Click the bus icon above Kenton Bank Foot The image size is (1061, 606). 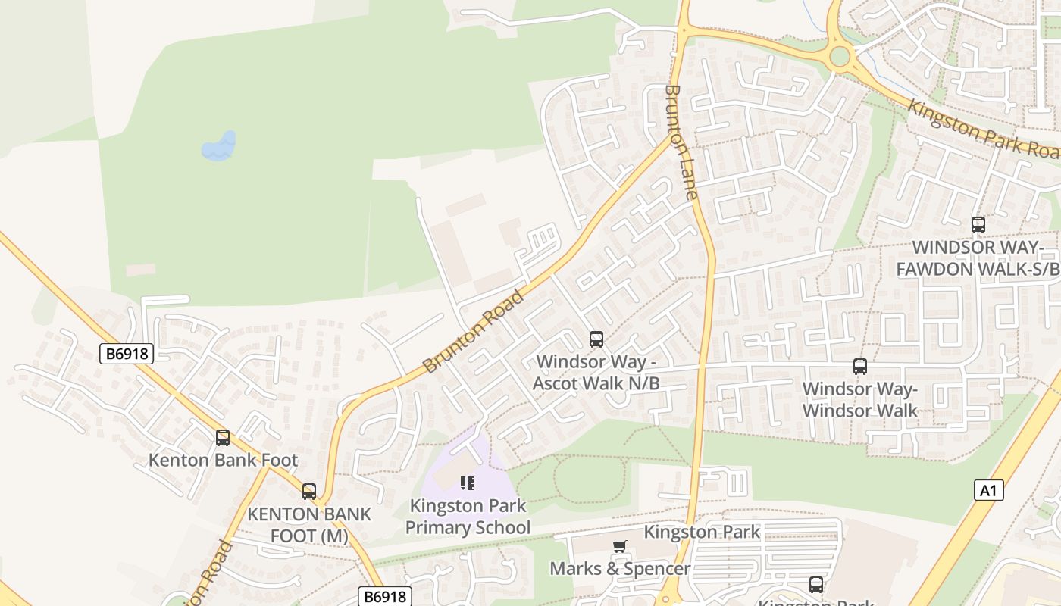222,437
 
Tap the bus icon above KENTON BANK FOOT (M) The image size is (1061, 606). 308,491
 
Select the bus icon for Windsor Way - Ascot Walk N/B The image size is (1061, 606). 596,339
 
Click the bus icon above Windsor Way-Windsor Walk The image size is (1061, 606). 859,367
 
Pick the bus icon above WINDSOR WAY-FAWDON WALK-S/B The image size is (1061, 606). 978,224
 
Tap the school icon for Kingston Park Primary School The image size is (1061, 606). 468,483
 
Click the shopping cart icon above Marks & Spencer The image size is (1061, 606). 620,547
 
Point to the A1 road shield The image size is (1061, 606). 988,490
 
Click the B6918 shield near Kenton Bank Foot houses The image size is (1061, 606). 127,353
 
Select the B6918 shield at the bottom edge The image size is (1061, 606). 385,596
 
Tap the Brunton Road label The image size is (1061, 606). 473,331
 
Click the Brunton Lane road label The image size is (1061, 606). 680,142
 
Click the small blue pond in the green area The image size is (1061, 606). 219,147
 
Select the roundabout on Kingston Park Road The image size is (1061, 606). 840,57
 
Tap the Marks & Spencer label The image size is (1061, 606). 619,568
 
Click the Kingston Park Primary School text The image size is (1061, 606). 468,517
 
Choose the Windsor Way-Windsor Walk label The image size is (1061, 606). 859,400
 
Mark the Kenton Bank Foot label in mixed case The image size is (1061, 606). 223,460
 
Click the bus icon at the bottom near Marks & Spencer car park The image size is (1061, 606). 815,585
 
